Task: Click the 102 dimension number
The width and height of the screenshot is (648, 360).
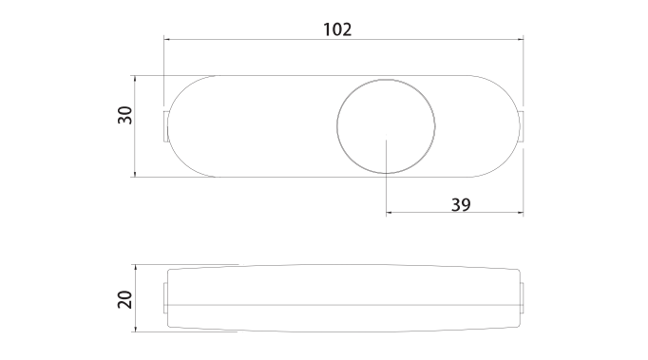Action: coord(337,29)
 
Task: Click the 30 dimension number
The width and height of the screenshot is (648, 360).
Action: coord(124,115)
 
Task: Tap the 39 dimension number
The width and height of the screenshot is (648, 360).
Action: coord(461,204)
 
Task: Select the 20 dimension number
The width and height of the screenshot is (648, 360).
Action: coord(124,299)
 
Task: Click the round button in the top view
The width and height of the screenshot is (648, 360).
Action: coord(386,126)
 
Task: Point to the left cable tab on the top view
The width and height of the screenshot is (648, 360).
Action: coord(165,126)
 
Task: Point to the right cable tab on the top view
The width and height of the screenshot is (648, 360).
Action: coord(522,126)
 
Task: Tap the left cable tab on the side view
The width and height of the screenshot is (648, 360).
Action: coord(165,298)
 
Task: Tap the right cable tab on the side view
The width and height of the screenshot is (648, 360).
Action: coord(522,298)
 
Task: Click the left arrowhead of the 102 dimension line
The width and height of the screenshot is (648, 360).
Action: coord(167,40)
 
